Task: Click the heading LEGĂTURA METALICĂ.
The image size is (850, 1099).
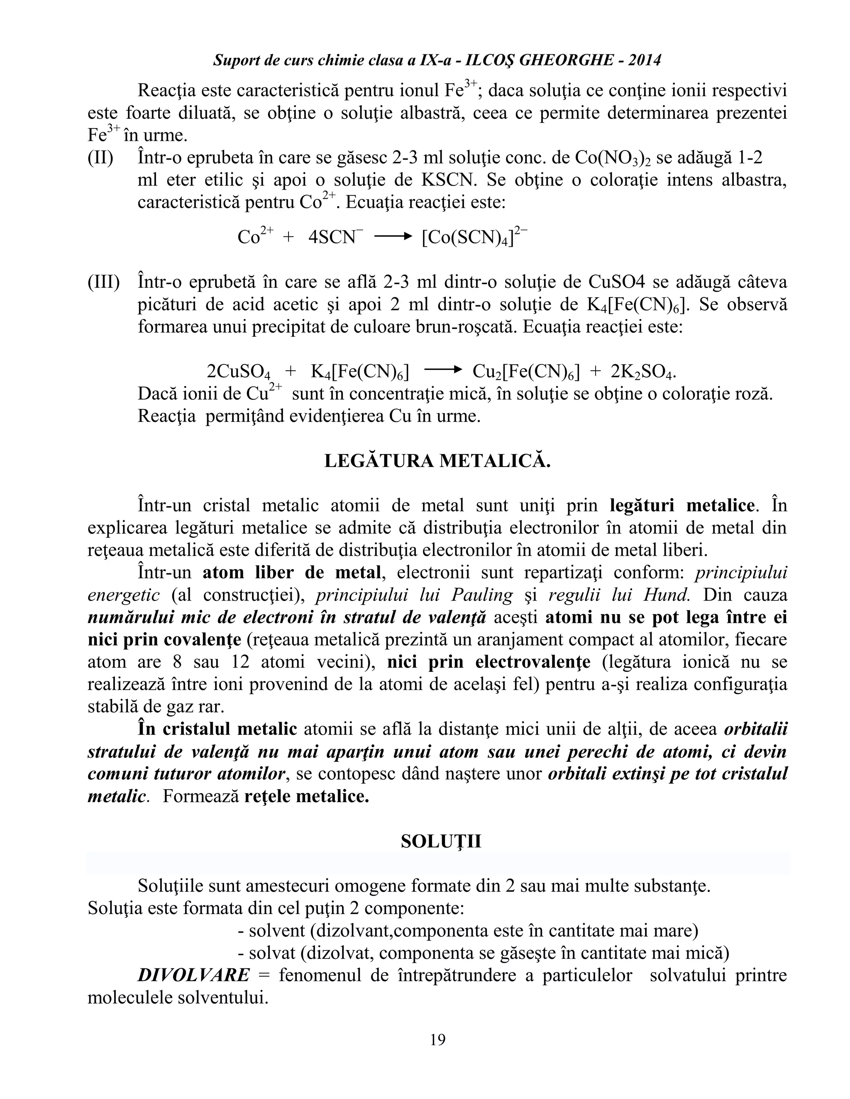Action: pyautogui.click(x=437, y=461)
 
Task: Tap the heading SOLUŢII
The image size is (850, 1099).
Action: pyautogui.click(x=441, y=841)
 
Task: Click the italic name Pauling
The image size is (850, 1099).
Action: pyautogui.click(x=481, y=595)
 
